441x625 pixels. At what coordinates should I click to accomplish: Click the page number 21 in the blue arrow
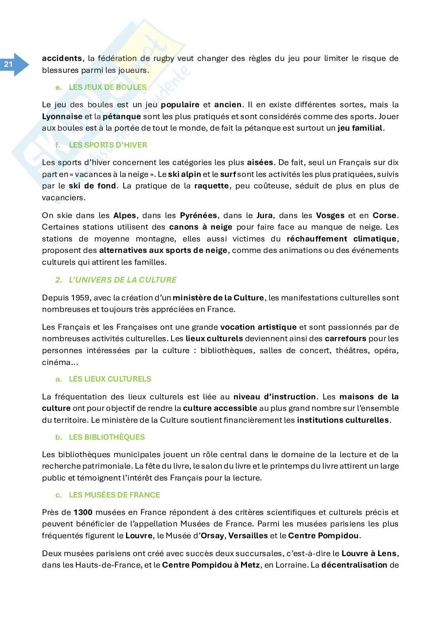9,65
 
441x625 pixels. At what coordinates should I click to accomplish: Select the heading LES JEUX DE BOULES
107,87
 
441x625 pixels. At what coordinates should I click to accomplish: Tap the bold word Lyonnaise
62,117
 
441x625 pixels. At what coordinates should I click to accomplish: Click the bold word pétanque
122,117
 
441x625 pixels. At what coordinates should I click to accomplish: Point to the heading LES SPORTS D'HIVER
107,145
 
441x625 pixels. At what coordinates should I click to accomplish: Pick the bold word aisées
260,162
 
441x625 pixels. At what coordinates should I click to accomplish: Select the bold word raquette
211,186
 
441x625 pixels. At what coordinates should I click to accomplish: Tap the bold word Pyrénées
198,215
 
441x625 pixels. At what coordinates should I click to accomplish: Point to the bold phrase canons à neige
201,227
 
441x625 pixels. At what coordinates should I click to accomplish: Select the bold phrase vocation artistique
258,327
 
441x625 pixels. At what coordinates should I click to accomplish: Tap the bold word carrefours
345,338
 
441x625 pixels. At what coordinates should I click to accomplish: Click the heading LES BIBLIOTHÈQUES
107,437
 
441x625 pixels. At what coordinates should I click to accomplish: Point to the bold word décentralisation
354,565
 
